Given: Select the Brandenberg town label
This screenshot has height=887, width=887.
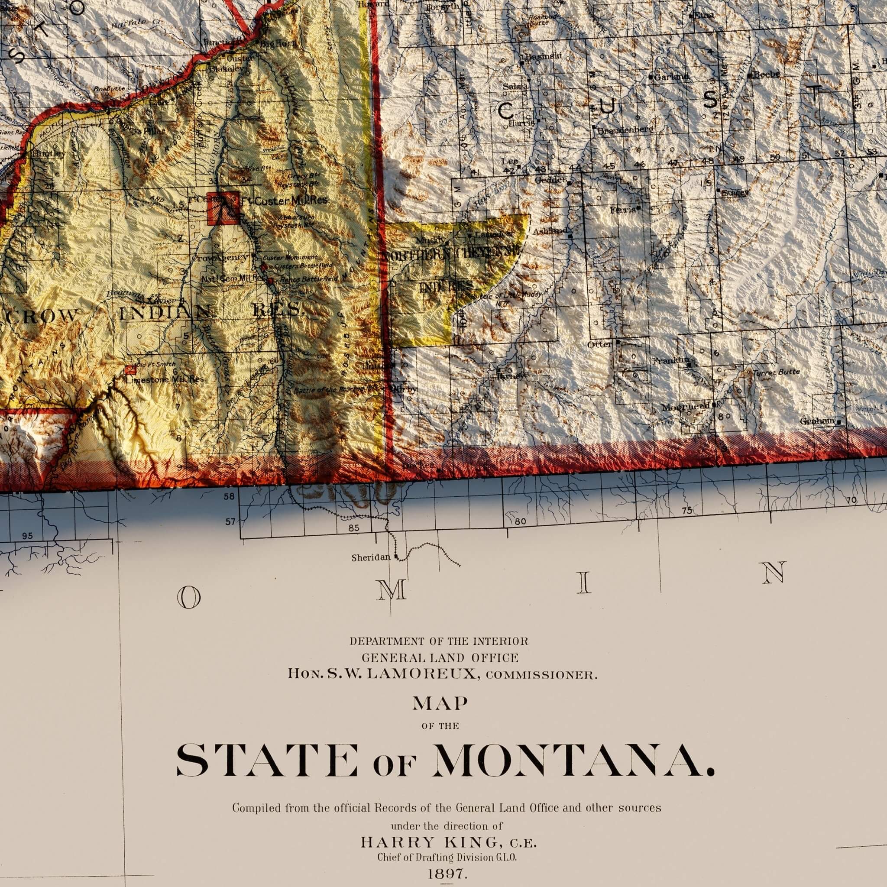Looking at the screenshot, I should point(625,130).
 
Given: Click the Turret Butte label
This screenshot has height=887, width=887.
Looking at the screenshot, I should point(775,372).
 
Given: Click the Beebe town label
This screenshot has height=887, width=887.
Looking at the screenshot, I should point(766,74).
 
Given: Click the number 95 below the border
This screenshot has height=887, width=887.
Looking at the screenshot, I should point(28,536).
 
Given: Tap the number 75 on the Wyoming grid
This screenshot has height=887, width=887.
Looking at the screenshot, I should point(687,511).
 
